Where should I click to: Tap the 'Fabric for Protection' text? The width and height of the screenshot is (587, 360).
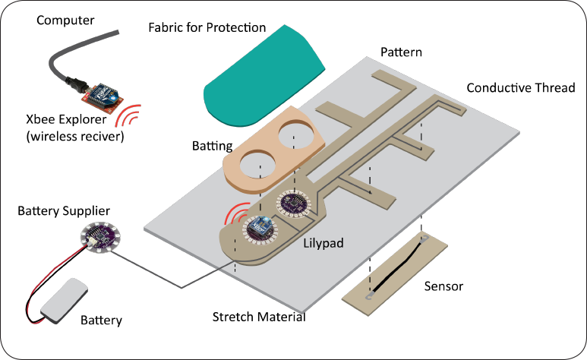click(207, 28)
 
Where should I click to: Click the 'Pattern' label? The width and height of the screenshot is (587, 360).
click(401, 53)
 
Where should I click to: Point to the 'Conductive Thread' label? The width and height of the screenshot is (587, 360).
click(520, 87)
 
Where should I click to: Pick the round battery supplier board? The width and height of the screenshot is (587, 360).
click(96, 239)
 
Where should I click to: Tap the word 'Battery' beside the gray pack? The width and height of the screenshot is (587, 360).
click(101, 321)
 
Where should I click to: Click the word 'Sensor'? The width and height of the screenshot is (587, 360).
click(444, 286)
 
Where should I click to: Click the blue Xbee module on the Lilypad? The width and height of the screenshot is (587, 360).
click(260, 226)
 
